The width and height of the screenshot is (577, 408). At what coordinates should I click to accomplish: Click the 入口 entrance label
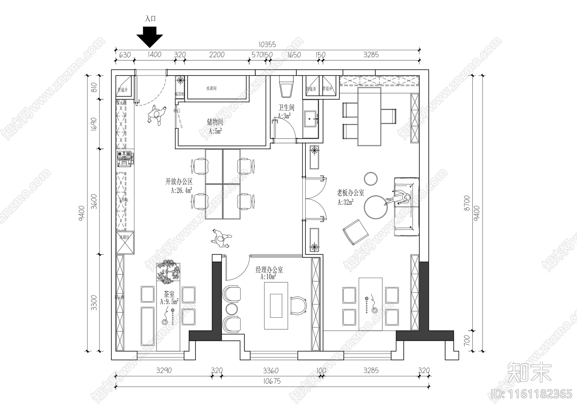(150, 19)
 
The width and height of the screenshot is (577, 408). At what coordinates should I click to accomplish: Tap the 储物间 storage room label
(215, 122)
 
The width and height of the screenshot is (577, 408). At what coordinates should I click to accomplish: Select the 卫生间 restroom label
(286, 108)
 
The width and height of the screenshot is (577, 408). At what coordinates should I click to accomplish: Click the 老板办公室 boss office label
(350, 193)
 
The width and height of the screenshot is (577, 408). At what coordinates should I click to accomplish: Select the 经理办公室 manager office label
(269, 269)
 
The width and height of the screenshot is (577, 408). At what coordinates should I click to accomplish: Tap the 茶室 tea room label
(169, 294)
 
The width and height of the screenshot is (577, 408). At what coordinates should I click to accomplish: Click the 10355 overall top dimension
(267, 45)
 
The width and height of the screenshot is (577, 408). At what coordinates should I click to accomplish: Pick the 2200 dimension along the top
(217, 55)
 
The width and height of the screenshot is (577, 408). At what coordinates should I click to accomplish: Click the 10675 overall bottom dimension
(272, 381)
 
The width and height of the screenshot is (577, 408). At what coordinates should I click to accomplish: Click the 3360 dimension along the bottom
(270, 370)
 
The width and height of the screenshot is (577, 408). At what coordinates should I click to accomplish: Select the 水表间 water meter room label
(211, 88)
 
